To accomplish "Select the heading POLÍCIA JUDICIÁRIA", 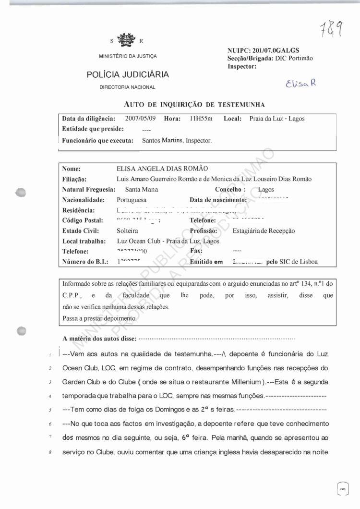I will pyautogui.click(x=128, y=74).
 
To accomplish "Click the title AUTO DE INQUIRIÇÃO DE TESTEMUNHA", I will pyautogui.click(x=194, y=104).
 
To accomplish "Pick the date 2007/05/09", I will pyautogui.click(x=141, y=118).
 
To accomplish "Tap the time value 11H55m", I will pyautogui.click(x=202, y=118).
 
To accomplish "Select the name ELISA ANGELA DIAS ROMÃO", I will pyautogui.click(x=162, y=169).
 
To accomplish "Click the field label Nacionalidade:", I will pyautogui.click(x=84, y=200).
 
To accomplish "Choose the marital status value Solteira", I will pyautogui.click(x=127, y=230).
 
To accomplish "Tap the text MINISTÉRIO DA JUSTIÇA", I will pyautogui.click(x=128, y=56).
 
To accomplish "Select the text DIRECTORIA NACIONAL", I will pyautogui.click(x=128, y=87).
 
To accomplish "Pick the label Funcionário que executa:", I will pyautogui.click(x=97, y=141).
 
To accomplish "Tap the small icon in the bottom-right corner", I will pyautogui.click(x=343, y=489).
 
